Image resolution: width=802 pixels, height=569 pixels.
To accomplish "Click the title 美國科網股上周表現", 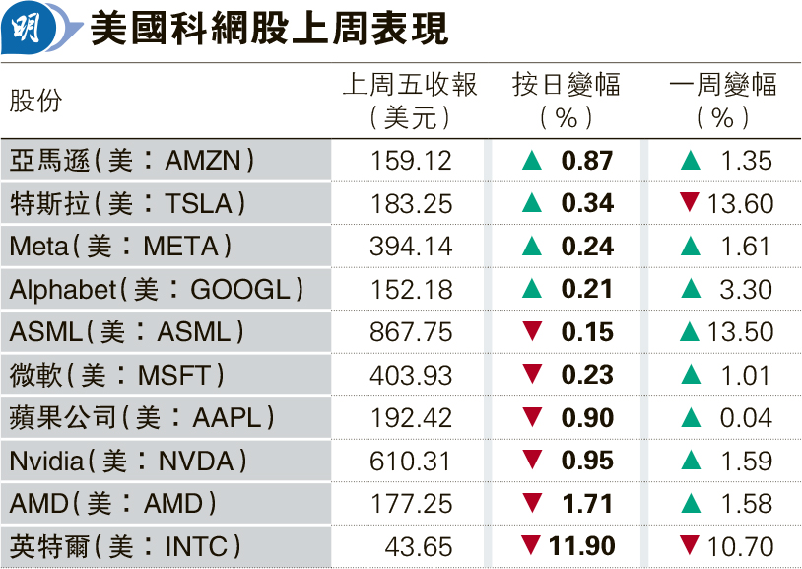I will point(268,30).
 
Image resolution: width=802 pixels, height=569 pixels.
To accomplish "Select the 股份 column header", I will point(36,102).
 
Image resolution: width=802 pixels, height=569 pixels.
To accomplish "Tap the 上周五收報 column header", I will point(410,86).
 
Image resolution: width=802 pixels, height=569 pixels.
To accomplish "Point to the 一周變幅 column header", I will point(722,86).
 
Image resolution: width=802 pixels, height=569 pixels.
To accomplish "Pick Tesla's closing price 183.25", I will point(411,203).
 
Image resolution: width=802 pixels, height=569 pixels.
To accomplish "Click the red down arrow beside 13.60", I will point(690,203).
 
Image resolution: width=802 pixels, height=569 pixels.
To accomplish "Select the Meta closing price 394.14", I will point(411,247).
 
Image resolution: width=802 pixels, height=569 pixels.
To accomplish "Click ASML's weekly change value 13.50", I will point(740,332).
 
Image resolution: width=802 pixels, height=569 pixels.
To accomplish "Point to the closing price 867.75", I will point(411,332).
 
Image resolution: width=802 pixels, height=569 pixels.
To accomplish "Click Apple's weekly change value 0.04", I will point(746,418).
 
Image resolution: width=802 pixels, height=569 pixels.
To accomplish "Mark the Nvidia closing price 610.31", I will point(411,461).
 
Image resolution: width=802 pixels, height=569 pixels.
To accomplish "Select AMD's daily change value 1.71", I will point(587,504).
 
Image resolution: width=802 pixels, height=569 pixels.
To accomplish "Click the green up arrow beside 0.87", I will point(532,160).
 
